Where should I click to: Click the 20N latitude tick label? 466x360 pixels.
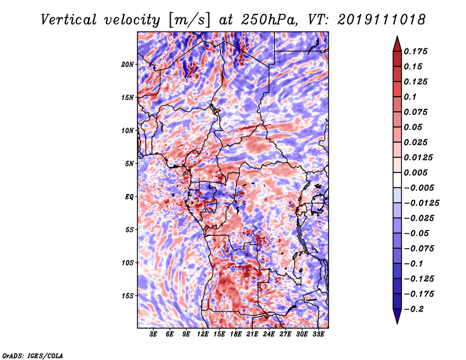[128, 64]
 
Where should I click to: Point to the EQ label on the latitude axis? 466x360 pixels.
[129, 196]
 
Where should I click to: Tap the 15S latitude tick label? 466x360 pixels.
[128, 295]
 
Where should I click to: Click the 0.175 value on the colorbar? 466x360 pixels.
[418, 51]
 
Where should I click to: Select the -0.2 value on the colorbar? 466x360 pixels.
[416, 309]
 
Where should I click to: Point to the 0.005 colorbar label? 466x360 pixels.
[418, 172]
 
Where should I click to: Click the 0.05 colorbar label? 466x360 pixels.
[414, 127]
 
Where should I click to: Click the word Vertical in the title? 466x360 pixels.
[69, 19]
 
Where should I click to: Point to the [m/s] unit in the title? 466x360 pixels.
[189, 19]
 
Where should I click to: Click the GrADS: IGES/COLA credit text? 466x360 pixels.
[33, 355]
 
